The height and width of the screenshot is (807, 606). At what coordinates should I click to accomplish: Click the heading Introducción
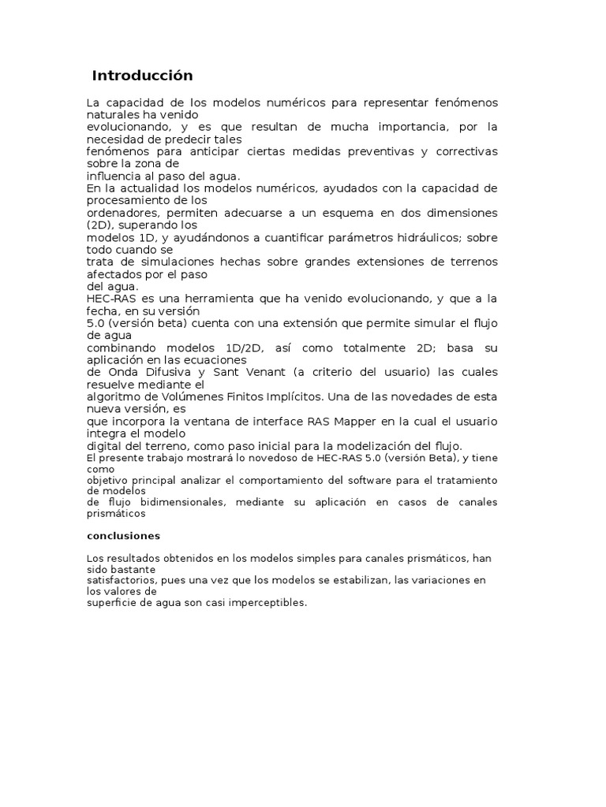(142, 76)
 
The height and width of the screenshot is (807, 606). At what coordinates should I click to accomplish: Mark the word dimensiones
(460, 213)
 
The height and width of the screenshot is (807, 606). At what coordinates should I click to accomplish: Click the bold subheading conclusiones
(123, 536)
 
